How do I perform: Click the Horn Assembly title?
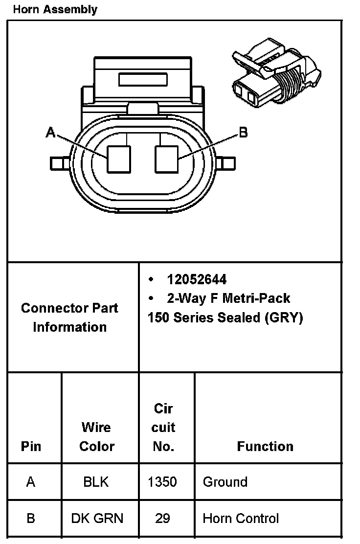(x=55, y=9)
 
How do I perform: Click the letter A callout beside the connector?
(x=50, y=132)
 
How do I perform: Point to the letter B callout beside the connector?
(x=243, y=132)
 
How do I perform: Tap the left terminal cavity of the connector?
(x=119, y=159)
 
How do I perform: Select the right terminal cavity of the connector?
(x=166, y=159)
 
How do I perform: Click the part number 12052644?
(x=197, y=279)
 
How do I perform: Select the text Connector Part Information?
(x=69, y=317)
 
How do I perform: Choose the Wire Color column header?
(x=96, y=437)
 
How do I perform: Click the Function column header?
(x=265, y=446)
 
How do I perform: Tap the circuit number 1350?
(x=162, y=482)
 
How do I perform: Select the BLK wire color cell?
(x=96, y=482)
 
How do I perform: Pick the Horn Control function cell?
(x=241, y=518)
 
